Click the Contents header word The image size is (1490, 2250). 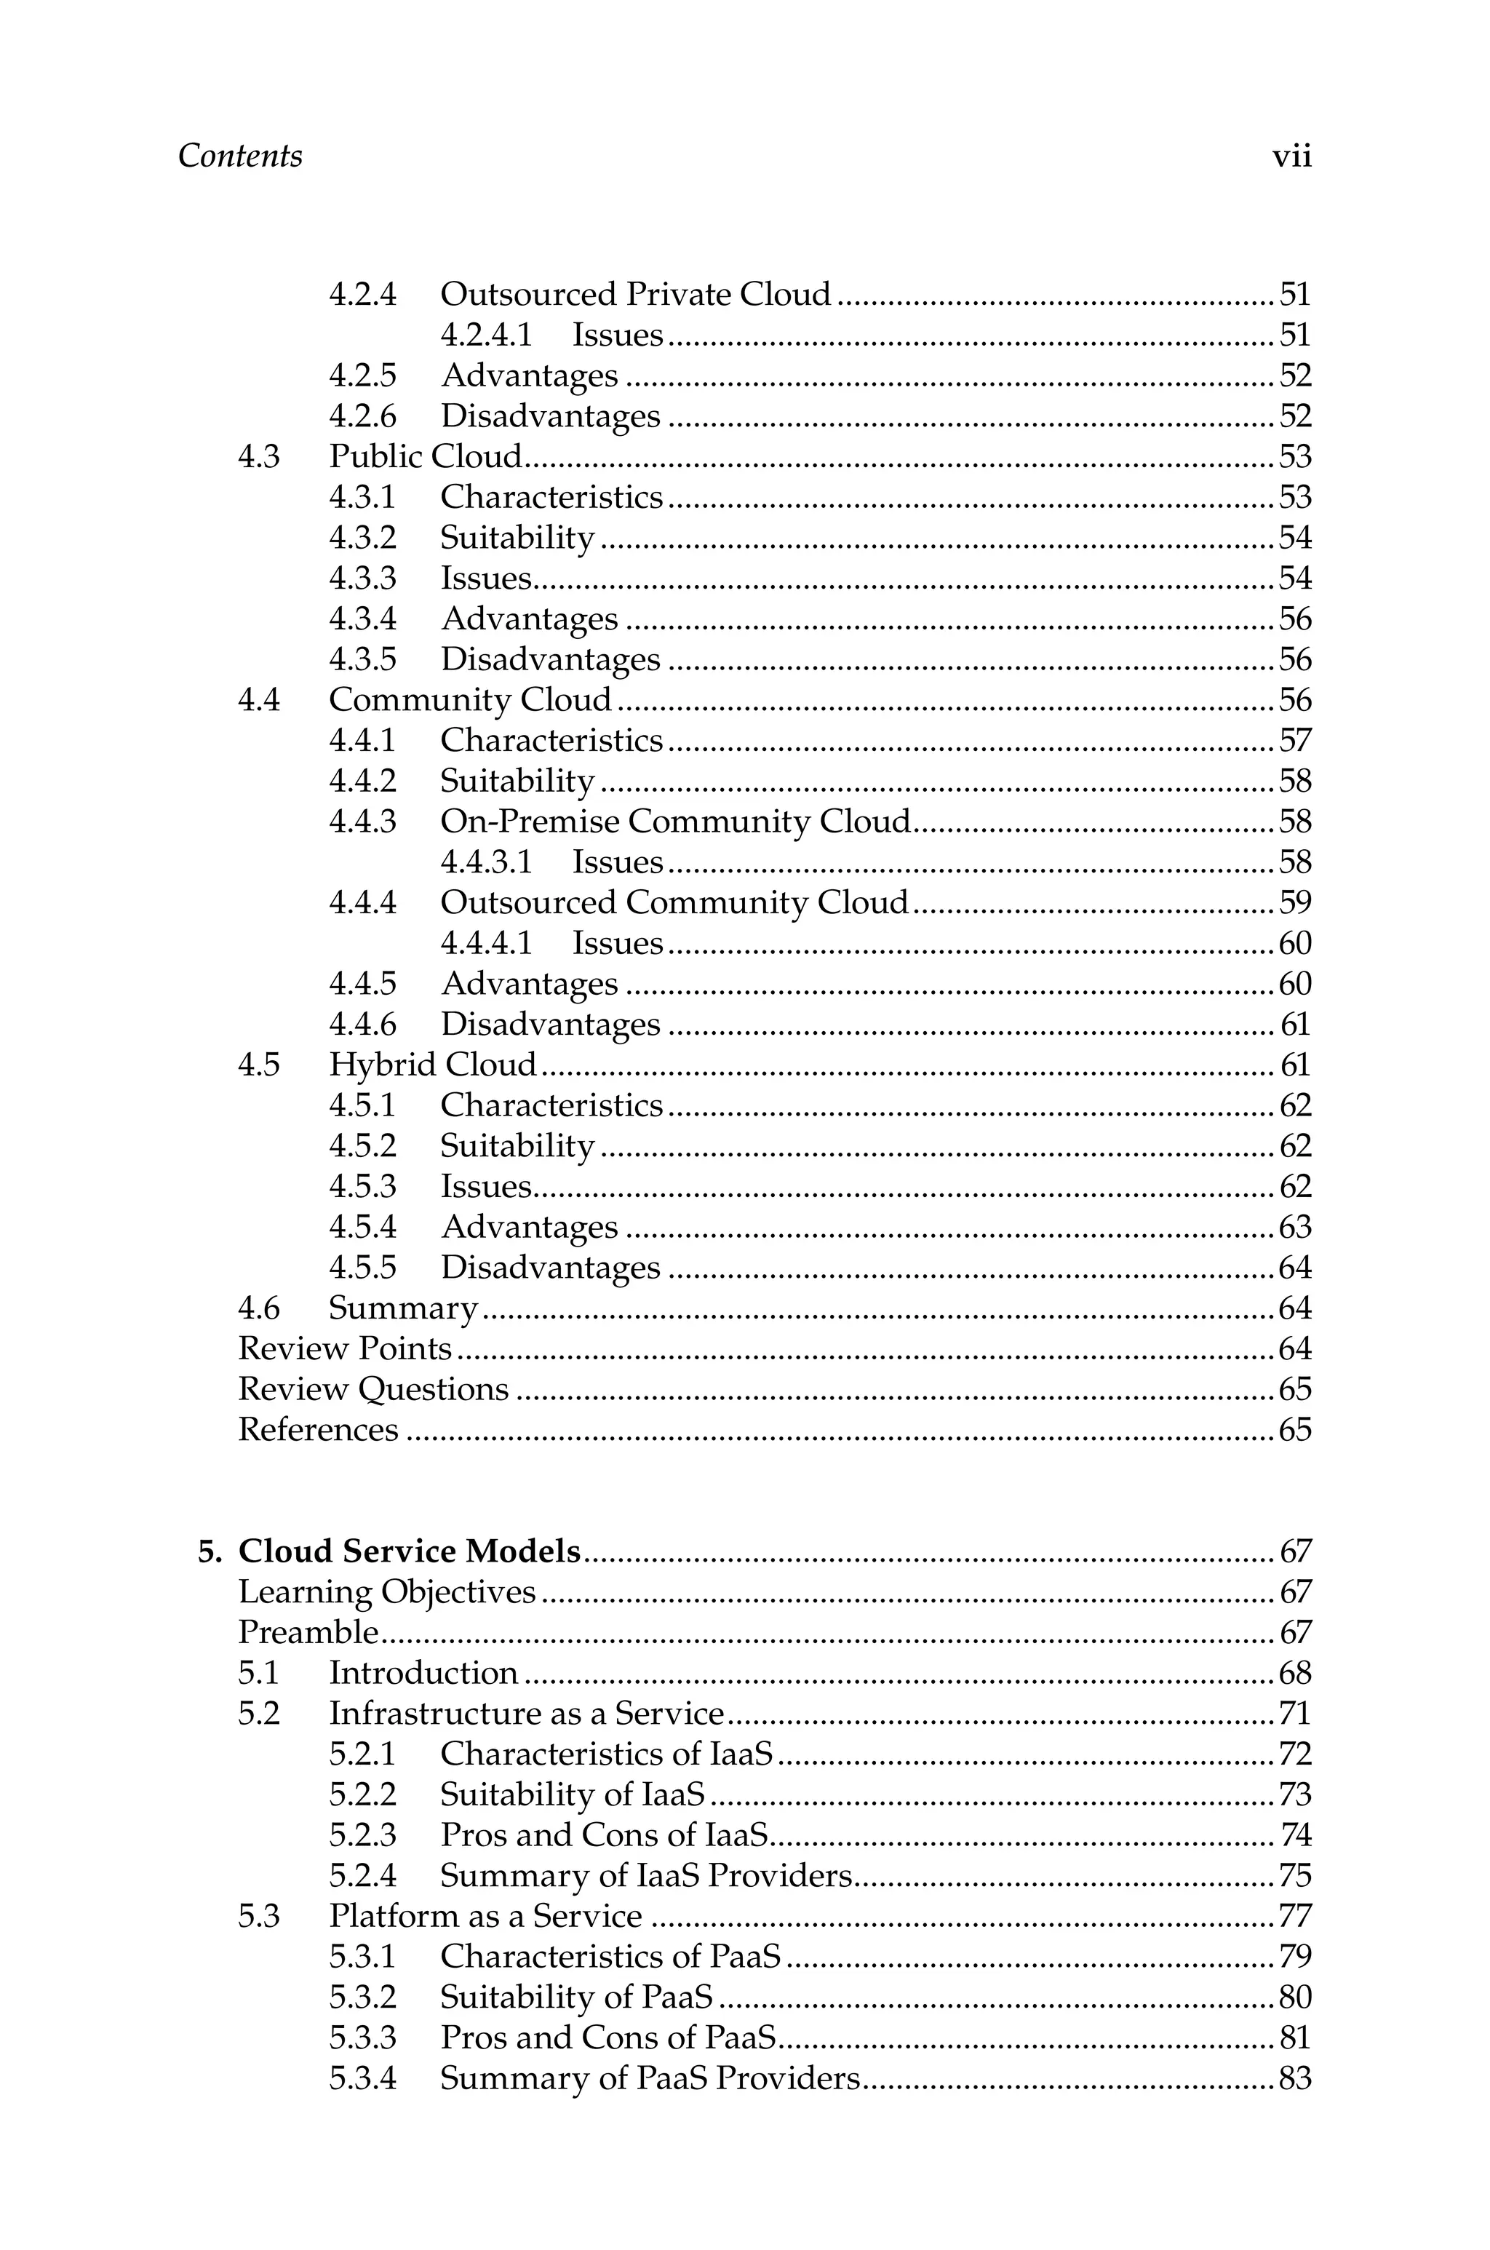(x=239, y=156)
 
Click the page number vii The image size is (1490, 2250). (x=1291, y=156)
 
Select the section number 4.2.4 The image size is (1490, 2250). (x=362, y=295)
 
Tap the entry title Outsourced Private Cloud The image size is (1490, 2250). (x=634, y=295)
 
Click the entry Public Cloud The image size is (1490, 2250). (x=426, y=457)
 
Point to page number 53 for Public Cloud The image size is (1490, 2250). (x=1294, y=457)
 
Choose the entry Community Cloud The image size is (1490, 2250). (x=471, y=700)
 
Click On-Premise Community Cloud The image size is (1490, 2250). (x=674, y=822)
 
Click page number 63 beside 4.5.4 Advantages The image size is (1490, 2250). (x=1294, y=1228)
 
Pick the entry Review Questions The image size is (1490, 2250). (x=372, y=1390)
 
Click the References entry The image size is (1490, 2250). (x=317, y=1430)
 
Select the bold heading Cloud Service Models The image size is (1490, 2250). (x=409, y=1551)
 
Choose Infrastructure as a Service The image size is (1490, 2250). (x=527, y=1714)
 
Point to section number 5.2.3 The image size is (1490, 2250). (x=362, y=1836)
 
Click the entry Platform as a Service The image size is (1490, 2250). (x=485, y=1917)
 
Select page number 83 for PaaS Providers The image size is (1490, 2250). (x=1294, y=2079)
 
